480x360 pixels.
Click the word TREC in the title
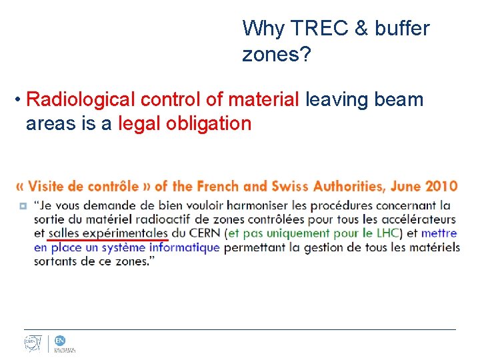point(313,28)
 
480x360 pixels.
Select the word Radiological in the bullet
point(80,100)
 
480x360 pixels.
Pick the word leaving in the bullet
point(327,100)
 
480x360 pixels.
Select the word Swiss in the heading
point(270,186)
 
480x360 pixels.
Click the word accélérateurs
point(419,219)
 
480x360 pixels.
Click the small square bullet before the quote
point(23,206)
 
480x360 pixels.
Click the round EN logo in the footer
point(60,340)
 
